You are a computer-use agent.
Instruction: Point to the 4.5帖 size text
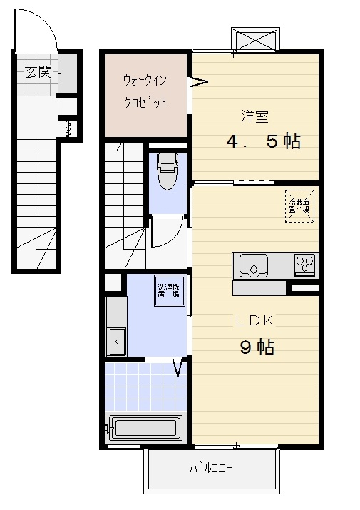pyautogui.click(x=263, y=141)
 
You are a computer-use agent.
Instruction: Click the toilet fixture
pyautogui.click(x=168, y=172)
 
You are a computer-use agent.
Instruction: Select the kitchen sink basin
pyautogui.click(x=252, y=266)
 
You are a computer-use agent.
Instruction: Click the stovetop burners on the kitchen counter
pyautogui.click(x=306, y=265)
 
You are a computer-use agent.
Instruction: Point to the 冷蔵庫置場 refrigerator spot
pyautogui.click(x=298, y=205)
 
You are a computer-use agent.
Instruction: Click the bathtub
pyautogui.click(x=145, y=429)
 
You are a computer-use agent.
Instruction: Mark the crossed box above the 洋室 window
pyautogui.click(x=254, y=39)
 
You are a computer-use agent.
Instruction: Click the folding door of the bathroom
pyautogui.click(x=180, y=368)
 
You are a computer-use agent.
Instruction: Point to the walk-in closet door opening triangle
pyautogui.click(x=197, y=83)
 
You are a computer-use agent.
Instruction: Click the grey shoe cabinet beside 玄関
pyautogui.click(x=68, y=74)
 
